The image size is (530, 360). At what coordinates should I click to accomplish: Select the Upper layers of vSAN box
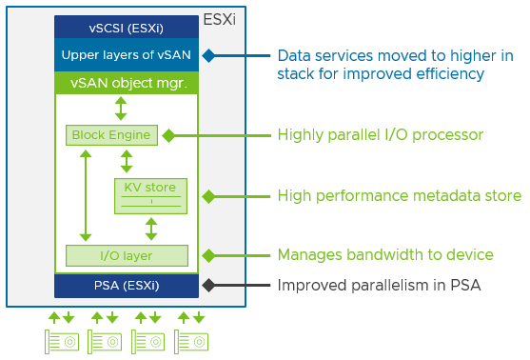[126, 55]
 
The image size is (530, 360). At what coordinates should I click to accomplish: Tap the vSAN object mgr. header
[126, 83]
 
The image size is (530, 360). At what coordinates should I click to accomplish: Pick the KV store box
[149, 195]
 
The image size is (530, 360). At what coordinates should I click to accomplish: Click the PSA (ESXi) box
[126, 285]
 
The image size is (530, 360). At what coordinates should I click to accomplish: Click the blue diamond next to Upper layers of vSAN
[208, 55]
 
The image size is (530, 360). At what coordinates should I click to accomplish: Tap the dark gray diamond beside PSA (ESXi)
[208, 285]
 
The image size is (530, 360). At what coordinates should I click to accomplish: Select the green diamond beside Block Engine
[168, 135]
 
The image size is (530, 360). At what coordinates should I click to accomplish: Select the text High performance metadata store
[399, 196]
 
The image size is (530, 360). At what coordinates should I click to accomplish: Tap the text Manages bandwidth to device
[384, 255]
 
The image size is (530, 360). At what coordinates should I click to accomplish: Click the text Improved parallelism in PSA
[379, 285]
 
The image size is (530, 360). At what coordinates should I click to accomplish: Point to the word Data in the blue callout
[293, 55]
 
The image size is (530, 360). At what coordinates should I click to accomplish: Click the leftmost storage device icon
[63, 340]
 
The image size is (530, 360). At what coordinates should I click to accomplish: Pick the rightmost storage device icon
[191, 340]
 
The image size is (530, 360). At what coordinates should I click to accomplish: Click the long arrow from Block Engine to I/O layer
[86, 195]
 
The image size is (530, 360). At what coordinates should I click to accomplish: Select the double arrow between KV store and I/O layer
[150, 229]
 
